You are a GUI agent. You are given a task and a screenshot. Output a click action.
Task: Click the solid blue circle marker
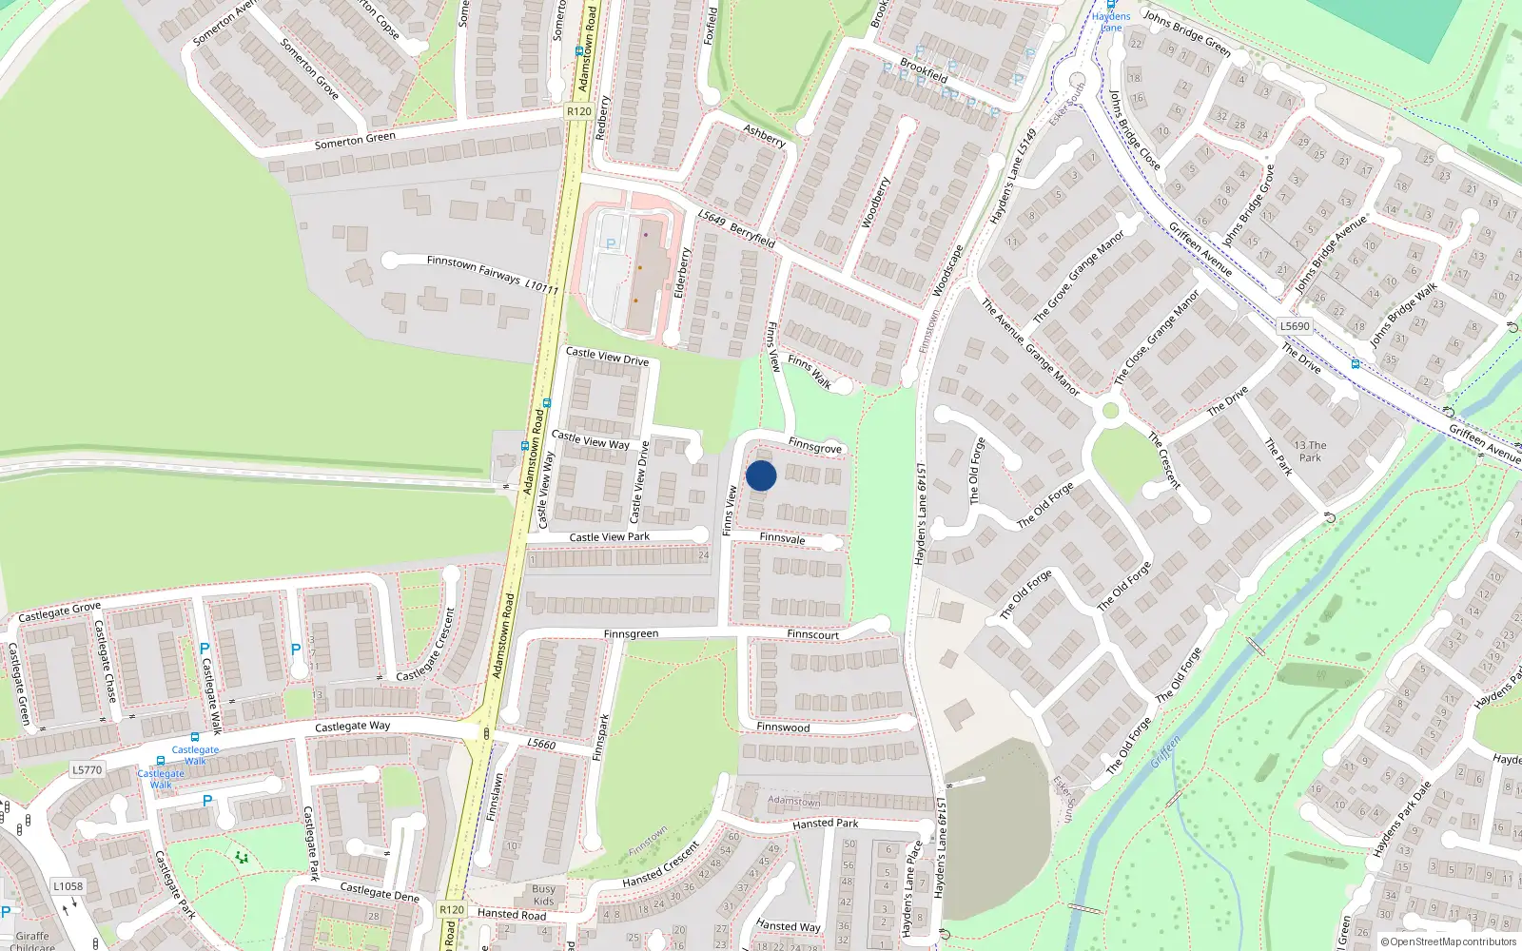pos(761,475)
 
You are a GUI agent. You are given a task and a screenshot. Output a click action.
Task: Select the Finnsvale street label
pos(782,538)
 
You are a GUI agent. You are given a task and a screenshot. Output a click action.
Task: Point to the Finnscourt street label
pos(812,634)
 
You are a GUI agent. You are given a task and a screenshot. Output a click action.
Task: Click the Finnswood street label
pos(783,728)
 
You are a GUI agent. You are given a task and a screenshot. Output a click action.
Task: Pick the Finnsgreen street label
pos(631,634)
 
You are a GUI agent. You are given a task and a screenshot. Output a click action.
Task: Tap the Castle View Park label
pos(609,537)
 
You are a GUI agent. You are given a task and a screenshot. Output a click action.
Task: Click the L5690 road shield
pos(1295,326)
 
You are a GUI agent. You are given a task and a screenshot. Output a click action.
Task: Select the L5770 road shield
pos(87,770)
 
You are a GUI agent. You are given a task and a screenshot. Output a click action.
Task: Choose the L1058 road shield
pos(68,886)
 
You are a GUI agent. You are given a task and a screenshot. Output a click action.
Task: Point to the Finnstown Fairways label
pos(474,268)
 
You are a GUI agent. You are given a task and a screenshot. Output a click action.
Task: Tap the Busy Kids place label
pos(543,895)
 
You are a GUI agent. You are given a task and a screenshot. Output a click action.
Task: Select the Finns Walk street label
pos(810,372)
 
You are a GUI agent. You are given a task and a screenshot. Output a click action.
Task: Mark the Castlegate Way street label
pos(352,727)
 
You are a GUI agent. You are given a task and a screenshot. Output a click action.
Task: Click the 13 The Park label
pos(1310,452)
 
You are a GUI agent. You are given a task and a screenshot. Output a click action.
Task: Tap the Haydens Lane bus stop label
pos(1111,21)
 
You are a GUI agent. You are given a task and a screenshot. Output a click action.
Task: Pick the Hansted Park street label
pos(825,824)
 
